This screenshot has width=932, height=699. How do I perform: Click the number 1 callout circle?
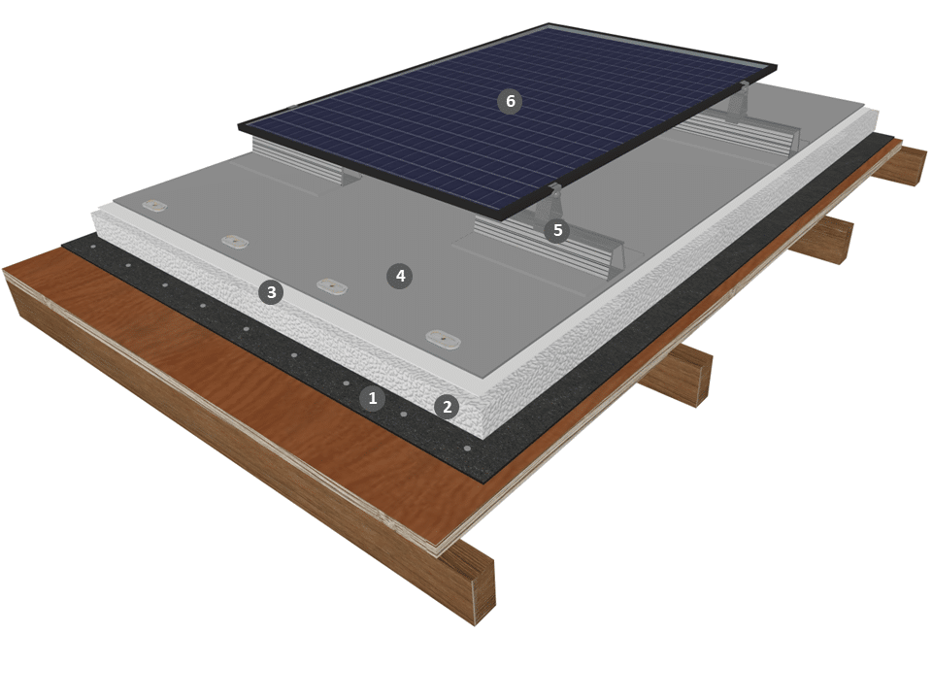point(373,398)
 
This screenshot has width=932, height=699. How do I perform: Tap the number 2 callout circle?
point(447,407)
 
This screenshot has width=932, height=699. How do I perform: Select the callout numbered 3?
point(271,292)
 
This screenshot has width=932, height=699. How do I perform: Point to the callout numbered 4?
point(400,276)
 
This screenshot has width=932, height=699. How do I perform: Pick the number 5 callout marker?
point(557,230)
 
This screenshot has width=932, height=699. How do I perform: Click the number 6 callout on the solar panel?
point(510,101)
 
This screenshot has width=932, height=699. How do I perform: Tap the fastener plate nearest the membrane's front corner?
point(444,340)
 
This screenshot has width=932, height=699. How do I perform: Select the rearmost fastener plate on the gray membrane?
point(154,206)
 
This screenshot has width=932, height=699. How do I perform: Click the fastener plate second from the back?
point(235,242)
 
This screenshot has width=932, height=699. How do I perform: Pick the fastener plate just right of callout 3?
point(332,285)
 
